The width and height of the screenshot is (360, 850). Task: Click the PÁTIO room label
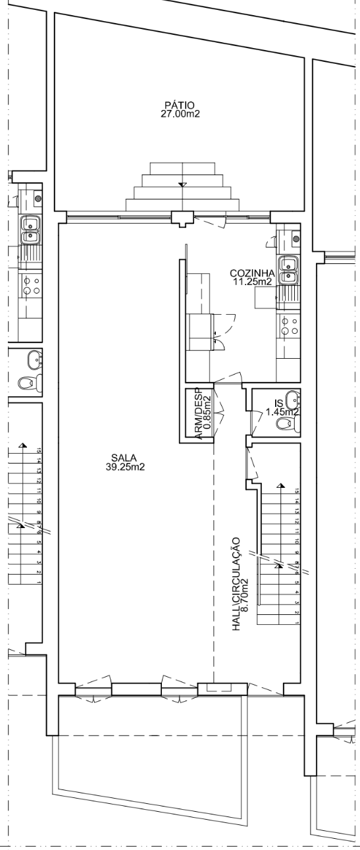point(180,105)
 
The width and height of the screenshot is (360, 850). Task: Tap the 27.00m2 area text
point(180,114)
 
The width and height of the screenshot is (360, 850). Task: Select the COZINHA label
point(252,273)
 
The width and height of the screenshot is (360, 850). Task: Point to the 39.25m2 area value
point(126,467)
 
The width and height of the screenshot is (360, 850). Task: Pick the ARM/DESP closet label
point(199,414)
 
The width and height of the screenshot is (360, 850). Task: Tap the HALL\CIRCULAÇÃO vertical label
point(236,584)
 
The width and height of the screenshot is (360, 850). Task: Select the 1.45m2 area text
point(282,412)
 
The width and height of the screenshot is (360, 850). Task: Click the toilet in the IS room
point(288,423)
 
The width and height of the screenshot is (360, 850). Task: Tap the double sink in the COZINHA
point(288,270)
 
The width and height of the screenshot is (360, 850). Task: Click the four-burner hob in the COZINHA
point(289,326)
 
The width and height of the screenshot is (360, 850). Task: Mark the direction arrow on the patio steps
point(182,184)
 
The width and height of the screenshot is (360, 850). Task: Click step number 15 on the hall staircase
point(297,491)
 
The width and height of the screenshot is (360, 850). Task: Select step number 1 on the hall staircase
point(297,623)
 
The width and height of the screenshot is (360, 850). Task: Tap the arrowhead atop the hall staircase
point(281,485)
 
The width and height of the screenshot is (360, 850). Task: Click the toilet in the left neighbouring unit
point(29,383)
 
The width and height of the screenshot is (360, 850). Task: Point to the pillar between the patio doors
point(182,219)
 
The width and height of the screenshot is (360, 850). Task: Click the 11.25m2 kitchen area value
point(253,282)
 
